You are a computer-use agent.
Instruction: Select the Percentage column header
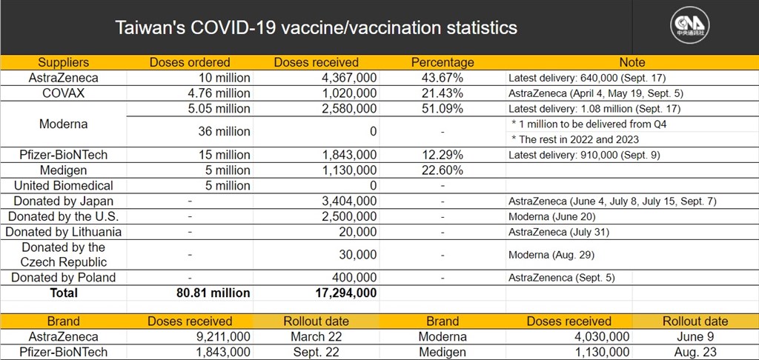point(443,62)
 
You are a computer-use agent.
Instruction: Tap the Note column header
point(632,62)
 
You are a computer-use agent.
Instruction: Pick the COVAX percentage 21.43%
point(442,93)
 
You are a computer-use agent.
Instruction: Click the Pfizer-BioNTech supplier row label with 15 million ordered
point(64,155)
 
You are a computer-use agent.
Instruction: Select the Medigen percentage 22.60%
point(442,170)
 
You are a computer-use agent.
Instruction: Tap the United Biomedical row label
point(64,186)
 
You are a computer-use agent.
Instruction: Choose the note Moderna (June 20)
point(551,217)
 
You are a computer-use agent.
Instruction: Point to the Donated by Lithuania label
point(64,232)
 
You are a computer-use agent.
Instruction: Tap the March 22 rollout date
point(316,337)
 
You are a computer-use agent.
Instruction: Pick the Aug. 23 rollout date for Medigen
point(695,353)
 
